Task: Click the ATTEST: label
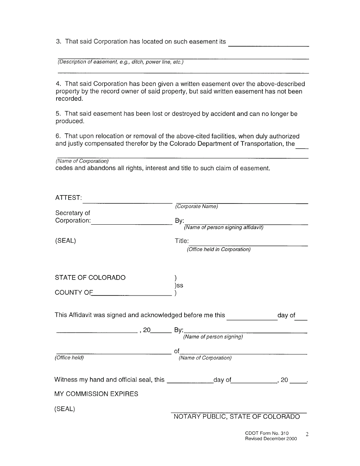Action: pyautogui.click(x=68, y=198)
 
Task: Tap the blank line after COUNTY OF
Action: pyautogui.click(x=132, y=294)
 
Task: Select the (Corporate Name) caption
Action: pyautogui.click(x=196, y=206)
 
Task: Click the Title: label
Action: pyautogui.click(x=182, y=241)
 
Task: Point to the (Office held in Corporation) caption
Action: pyautogui.click(x=219, y=250)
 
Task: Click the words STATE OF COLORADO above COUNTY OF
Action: pyautogui.click(x=90, y=278)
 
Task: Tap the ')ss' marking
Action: pyautogui.click(x=179, y=285)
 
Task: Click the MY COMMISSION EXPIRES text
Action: pyautogui.click(x=96, y=394)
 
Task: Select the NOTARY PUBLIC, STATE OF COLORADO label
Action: pyautogui.click(x=236, y=417)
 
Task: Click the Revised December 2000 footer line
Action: pyautogui.click(x=271, y=439)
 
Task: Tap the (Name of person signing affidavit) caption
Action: pyautogui.click(x=224, y=228)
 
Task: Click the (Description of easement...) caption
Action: pyautogui.click(x=121, y=62)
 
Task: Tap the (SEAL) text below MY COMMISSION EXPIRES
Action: pyautogui.click(x=65, y=409)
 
